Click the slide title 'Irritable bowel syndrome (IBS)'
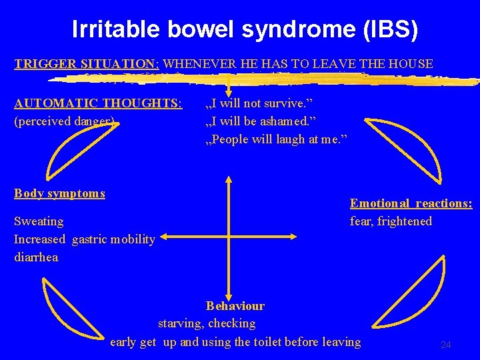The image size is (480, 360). coord(245,30)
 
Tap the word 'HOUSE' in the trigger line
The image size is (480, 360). coord(409,65)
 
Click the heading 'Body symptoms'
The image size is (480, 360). coord(59,193)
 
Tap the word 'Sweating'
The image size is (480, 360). coord(39,221)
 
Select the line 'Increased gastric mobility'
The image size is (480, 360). coord(84,239)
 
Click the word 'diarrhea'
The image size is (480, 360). coord(36,257)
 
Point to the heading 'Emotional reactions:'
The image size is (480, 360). coord(411,203)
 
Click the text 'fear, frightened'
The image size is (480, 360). coord(391,221)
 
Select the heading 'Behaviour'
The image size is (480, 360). coord(235,306)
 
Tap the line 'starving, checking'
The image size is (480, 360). coord(207,323)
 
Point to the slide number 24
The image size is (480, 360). coord(446,345)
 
